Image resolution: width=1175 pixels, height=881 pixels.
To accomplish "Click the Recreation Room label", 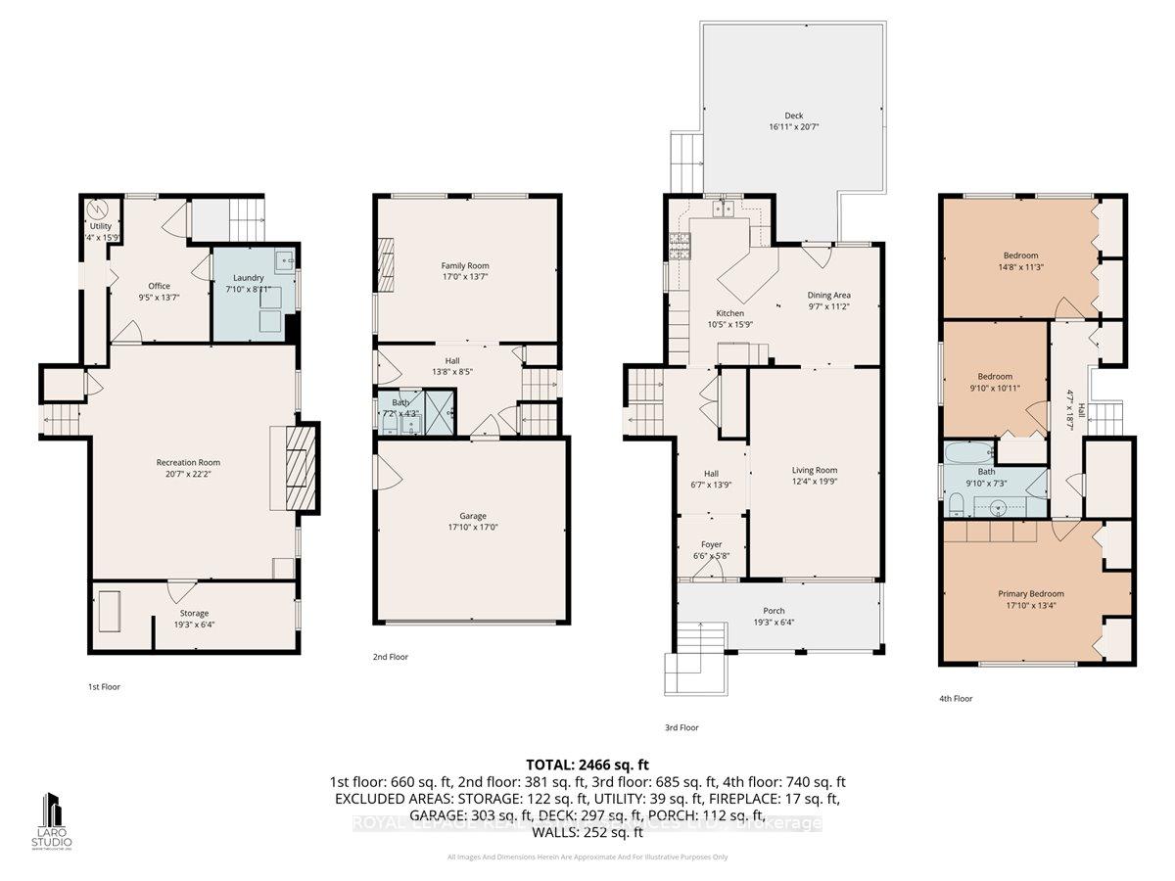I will (x=188, y=462).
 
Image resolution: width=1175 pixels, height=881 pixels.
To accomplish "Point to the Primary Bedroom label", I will (x=1030, y=593).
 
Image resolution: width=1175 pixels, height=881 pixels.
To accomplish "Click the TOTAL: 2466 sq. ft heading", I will (x=587, y=765).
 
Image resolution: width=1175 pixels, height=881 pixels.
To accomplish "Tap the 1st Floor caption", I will (x=104, y=686).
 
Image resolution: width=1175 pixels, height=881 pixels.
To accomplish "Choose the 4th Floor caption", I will (x=956, y=698).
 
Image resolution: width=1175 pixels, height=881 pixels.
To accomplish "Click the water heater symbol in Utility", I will (x=98, y=209).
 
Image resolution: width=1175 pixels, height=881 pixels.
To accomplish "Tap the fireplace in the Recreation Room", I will (x=297, y=467).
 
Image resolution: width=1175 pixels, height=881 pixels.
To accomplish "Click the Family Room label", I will (x=465, y=265).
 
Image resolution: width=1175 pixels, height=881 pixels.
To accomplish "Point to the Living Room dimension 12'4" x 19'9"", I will (x=815, y=481).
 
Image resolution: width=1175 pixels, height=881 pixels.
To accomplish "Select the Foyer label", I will (x=711, y=545).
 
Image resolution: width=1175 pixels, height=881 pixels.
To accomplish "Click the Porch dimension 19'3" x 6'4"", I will (x=774, y=621).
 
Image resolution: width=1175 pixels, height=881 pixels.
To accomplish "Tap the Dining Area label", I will (x=828, y=295).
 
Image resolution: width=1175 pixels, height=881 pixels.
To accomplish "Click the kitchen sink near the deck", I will (x=725, y=208).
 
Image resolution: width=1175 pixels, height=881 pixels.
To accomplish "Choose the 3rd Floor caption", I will (x=681, y=727).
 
